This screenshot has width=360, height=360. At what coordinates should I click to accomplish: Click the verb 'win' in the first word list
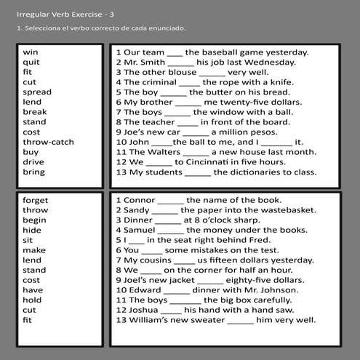tap(31, 52)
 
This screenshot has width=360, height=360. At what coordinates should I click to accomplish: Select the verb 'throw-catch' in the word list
tap(48, 143)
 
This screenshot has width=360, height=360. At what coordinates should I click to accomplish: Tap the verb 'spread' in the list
tap(37, 92)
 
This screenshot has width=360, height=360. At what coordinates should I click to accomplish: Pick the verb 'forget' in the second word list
tap(36, 200)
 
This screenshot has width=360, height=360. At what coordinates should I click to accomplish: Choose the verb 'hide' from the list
tap(32, 231)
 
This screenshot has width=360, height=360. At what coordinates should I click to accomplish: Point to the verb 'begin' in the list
tap(34, 220)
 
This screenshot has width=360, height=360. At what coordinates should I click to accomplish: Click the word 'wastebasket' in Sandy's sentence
tap(284, 210)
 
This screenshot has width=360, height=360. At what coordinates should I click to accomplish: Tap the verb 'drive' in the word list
tap(33, 162)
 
